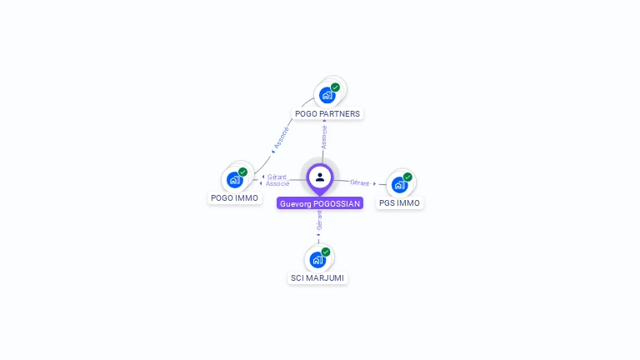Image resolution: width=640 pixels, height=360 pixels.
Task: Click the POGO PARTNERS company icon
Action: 327,95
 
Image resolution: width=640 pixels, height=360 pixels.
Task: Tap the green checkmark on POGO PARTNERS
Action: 335,87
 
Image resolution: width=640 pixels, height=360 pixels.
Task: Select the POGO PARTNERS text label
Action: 328,113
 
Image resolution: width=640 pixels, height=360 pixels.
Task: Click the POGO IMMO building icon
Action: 235,180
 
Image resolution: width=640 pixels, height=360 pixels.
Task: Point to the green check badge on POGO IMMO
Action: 242,172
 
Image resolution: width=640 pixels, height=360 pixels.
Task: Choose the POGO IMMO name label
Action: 234,198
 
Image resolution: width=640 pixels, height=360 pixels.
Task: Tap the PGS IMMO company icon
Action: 400,184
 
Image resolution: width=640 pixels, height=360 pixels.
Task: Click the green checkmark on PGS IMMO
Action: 407,177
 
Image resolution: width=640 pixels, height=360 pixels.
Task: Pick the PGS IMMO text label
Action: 400,202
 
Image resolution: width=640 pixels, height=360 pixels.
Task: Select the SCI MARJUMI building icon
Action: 317,259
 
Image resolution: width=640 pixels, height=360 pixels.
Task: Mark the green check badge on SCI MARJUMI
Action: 325,252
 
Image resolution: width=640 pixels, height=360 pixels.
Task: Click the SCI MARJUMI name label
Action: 317,277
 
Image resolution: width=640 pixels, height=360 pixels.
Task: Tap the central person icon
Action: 320,177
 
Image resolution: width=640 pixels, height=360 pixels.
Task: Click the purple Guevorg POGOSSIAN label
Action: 320,203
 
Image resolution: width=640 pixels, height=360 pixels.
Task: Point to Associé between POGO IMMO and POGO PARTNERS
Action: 282,138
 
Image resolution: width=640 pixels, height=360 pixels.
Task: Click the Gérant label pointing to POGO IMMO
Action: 277,177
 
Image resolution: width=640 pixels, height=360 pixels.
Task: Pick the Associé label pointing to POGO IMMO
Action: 278,183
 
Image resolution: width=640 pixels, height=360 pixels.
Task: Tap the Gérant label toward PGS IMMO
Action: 360,182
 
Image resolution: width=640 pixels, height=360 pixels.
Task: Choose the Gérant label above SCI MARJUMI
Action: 319,221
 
